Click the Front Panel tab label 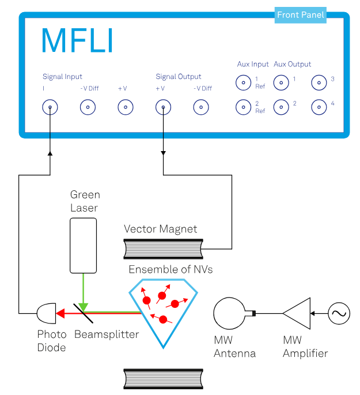coord(301,15)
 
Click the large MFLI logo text coord(77,41)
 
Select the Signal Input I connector coord(50,107)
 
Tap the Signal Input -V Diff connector coord(88,107)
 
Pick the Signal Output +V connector coord(163,107)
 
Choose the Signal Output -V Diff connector coord(200,107)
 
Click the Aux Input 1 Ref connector coord(243,83)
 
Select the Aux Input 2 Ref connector coord(243,107)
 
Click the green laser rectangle coord(83,245)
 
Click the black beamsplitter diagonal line coord(84,314)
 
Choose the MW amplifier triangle coord(298,314)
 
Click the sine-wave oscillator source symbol coord(339,314)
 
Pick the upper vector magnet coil coord(164,249)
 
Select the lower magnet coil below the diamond coord(164,379)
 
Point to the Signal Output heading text coord(179,77)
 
